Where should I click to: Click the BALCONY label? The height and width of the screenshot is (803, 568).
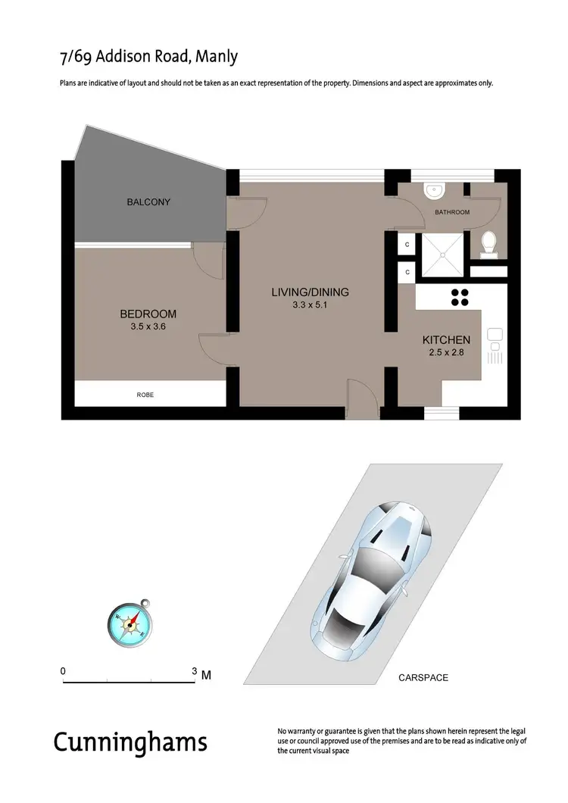(x=148, y=202)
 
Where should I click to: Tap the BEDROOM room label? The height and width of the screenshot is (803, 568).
(x=148, y=314)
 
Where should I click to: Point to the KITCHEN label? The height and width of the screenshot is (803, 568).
(x=446, y=340)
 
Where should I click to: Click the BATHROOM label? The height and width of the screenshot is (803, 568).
(x=452, y=212)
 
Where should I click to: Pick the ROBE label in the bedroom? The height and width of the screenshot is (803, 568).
(x=145, y=395)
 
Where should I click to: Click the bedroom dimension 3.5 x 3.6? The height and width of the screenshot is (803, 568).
(x=148, y=327)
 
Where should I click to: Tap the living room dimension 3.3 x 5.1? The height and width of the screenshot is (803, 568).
(x=310, y=305)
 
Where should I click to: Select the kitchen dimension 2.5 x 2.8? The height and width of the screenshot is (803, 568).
(x=446, y=353)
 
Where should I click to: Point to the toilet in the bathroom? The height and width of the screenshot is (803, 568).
(x=489, y=243)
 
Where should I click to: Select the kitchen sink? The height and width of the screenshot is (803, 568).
(x=495, y=334)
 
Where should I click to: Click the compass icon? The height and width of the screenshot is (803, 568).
(x=130, y=622)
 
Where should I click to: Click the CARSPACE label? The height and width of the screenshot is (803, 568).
(x=423, y=678)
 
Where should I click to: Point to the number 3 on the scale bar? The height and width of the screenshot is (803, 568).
(x=195, y=671)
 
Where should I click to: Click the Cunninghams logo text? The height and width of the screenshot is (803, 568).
(x=130, y=742)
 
